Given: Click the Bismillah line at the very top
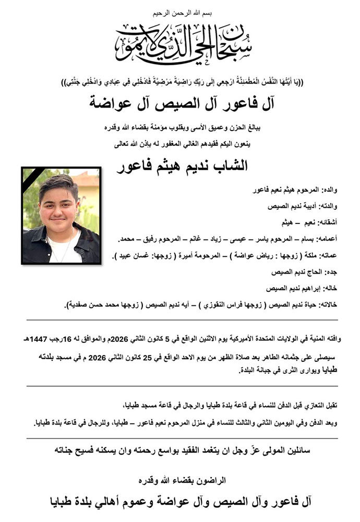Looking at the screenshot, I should point(180,11).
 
